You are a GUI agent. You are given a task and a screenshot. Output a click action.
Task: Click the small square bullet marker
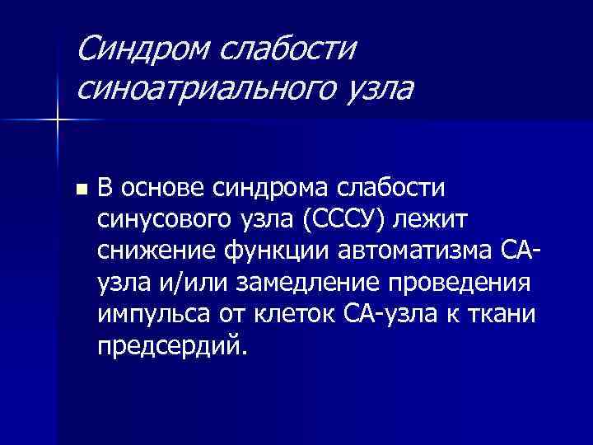(80, 189)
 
